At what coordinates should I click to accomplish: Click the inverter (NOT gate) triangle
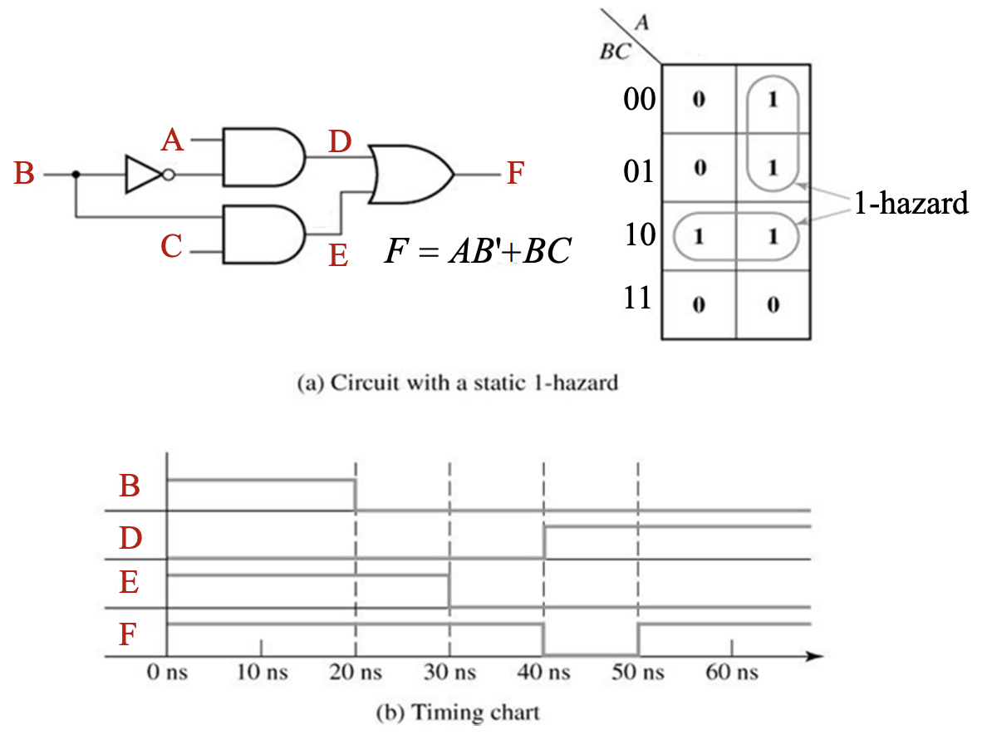(143, 175)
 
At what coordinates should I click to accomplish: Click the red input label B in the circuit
(24, 175)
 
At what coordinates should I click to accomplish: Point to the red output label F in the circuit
(516, 175)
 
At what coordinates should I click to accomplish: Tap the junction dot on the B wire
(76, 175)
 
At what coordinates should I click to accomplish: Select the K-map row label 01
(639, 170)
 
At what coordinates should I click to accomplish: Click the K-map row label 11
(639, 299)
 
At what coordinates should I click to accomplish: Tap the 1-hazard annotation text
(911, 203)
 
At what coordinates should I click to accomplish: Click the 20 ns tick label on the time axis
(356, 672)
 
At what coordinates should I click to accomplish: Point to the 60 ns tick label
(731, 672)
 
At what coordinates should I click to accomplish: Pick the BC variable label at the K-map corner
(614, 52)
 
